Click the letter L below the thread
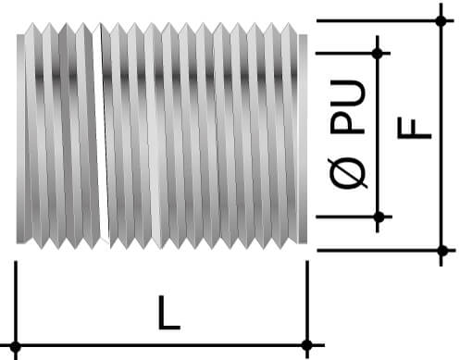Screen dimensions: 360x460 (x=168, y=314)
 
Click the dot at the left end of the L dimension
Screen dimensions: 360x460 (x=16, y=346)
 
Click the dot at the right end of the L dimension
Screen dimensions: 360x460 (x=306, y=346)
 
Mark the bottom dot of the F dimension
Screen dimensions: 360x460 (x=441, y=250)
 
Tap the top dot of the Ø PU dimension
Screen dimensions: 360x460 (x=378, y=53)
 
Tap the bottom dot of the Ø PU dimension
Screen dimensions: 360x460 (x=378, y=217)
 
